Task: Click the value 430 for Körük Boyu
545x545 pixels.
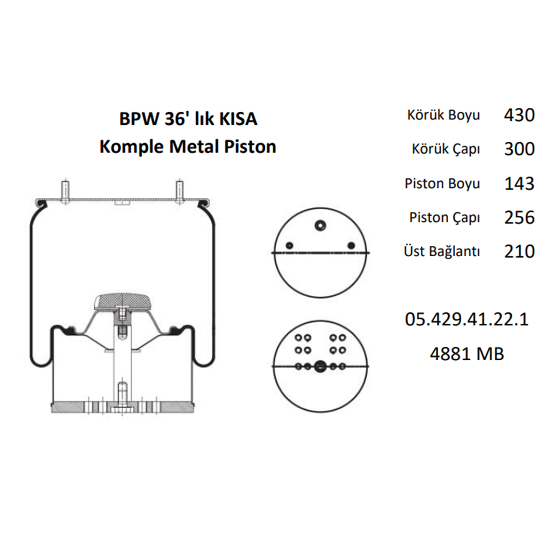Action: tap(518, 115)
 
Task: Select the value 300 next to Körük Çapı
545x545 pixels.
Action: tap(518, 149)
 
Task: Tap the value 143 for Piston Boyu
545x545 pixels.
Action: tap(518, 183)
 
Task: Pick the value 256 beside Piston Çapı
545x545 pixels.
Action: tap(518, 217)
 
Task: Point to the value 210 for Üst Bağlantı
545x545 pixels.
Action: tap(518, 251)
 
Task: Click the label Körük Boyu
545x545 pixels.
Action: tap(443, 116)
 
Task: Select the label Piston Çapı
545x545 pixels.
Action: tap(445, 218)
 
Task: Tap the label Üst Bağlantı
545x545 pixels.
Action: tap(442, 252)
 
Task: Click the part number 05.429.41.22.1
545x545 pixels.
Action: tap(467, 319)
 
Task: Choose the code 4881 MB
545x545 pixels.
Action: tap(467, 354)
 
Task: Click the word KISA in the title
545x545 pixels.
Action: tap(238, 119)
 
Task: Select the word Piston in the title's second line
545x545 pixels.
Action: tap(250, 147)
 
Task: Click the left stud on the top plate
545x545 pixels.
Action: tap(65, 190)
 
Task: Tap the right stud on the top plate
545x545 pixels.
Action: tap(178, 190)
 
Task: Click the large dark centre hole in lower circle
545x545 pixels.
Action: tap(320, 367)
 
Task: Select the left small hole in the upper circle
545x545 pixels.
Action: tap(290, 244)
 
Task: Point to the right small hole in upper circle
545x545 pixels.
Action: tap(352, 244)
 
